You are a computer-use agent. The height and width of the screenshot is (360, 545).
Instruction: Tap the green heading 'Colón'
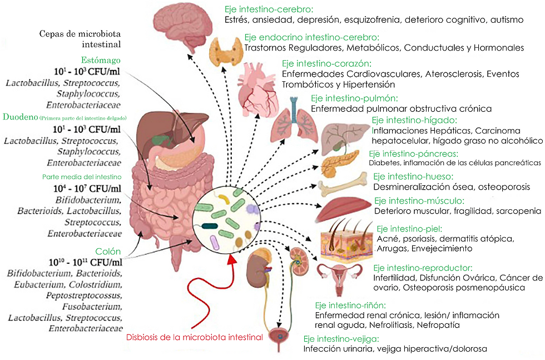tap(108, 251)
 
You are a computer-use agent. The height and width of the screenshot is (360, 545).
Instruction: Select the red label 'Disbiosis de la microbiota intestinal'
tap(194, 337)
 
